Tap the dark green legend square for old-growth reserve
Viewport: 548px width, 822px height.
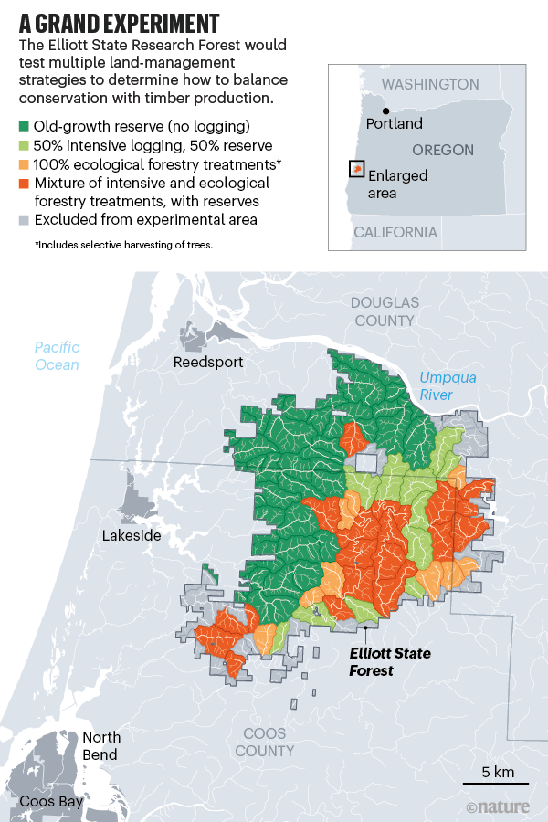(24, 125)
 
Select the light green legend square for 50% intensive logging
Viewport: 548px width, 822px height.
(24, 144)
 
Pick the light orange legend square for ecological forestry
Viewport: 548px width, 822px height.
(24, 163)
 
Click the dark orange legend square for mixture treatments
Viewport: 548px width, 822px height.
(24, 183)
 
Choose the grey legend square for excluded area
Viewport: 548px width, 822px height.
(24, 220)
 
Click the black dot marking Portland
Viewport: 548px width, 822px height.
(371, 111)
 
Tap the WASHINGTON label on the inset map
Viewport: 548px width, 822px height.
(429, 85)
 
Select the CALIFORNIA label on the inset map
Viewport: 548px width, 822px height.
(395, 232)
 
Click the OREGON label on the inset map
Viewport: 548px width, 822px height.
(443, 150)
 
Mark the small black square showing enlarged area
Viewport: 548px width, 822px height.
(356, 169)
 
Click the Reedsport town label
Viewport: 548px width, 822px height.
(208, 363)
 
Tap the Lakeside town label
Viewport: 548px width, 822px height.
(132, 535)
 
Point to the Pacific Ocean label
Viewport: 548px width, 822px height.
(57, 355)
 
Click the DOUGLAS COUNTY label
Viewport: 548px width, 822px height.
(385, 311)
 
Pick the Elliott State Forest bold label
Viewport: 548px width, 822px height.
(390, 662)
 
